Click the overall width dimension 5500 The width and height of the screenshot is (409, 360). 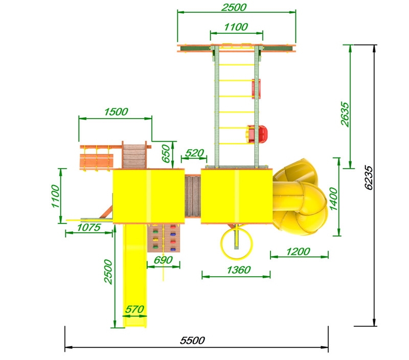coord(193,341)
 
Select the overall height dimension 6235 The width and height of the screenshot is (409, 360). coord(369,177)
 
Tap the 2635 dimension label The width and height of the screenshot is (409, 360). coord(345,114)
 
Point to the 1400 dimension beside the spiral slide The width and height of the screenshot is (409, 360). coord(334,199)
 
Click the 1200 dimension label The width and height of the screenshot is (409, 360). coord(298,252)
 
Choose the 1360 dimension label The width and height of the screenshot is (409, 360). coord(239,269)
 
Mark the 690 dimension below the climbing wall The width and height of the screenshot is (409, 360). coord(163,260)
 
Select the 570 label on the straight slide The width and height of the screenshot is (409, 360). coord(134,309)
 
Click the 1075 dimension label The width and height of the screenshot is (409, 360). coord(88,228)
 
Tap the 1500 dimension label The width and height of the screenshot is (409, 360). coord(116,112)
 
